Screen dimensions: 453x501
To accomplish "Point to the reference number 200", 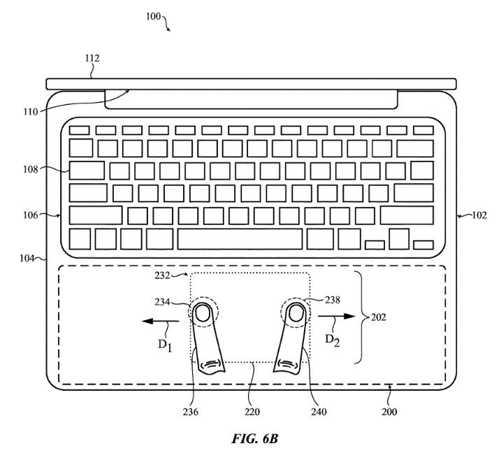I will click(390, 412).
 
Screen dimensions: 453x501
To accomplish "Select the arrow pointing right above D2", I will click(335, 317).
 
